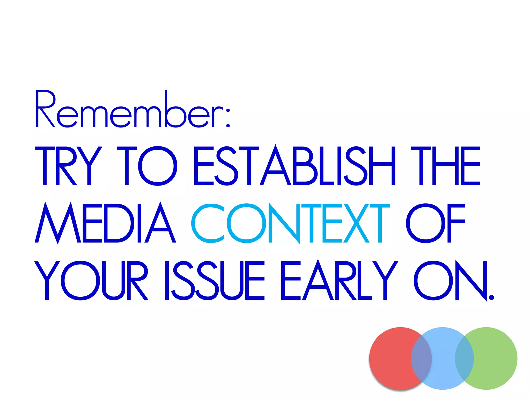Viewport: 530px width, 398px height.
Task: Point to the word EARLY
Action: point(339,281)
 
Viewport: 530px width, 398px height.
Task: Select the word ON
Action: point(450,281)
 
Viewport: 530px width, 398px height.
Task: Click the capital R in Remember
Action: point(45,109)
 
